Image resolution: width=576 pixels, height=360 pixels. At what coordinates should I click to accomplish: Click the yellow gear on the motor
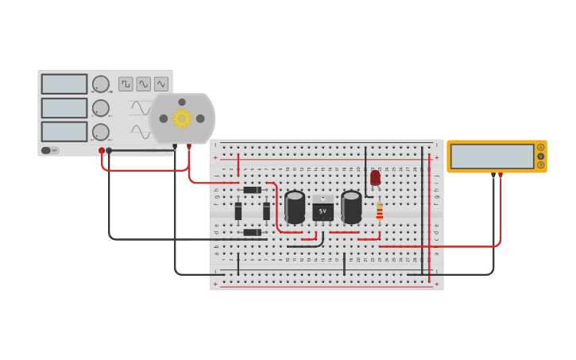[182, 118]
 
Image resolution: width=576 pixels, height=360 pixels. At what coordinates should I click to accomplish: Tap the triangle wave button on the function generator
[161, 84]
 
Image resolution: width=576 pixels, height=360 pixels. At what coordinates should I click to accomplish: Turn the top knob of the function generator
[101, 84]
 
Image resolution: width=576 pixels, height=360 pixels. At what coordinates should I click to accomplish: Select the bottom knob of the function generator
[101, 132]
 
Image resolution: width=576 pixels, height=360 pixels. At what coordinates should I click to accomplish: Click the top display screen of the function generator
[64, 84]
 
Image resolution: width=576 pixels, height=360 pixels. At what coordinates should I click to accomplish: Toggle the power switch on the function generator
[47, 150]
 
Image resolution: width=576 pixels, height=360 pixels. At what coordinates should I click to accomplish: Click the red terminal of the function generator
[102, 150]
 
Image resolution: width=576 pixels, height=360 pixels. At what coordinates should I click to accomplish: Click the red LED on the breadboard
[375, 178]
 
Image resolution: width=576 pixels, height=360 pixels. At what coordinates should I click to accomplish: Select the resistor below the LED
[380, 211]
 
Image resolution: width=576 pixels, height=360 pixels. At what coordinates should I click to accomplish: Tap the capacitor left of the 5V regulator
[295, 207]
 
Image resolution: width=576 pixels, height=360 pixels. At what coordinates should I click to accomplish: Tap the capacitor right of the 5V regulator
[351, 207]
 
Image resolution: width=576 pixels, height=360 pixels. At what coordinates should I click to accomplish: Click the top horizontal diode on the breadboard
[252, 190]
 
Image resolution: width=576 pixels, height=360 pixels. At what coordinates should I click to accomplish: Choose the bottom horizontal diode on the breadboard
[252, 232]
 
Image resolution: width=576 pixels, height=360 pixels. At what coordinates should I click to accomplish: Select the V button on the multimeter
[541, 156]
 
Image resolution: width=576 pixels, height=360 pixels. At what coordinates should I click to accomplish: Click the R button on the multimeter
[541, 165]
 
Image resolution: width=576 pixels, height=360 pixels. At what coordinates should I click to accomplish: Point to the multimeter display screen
[493, 156]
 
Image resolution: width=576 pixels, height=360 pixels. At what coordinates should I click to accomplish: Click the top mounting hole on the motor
[182, 102]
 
